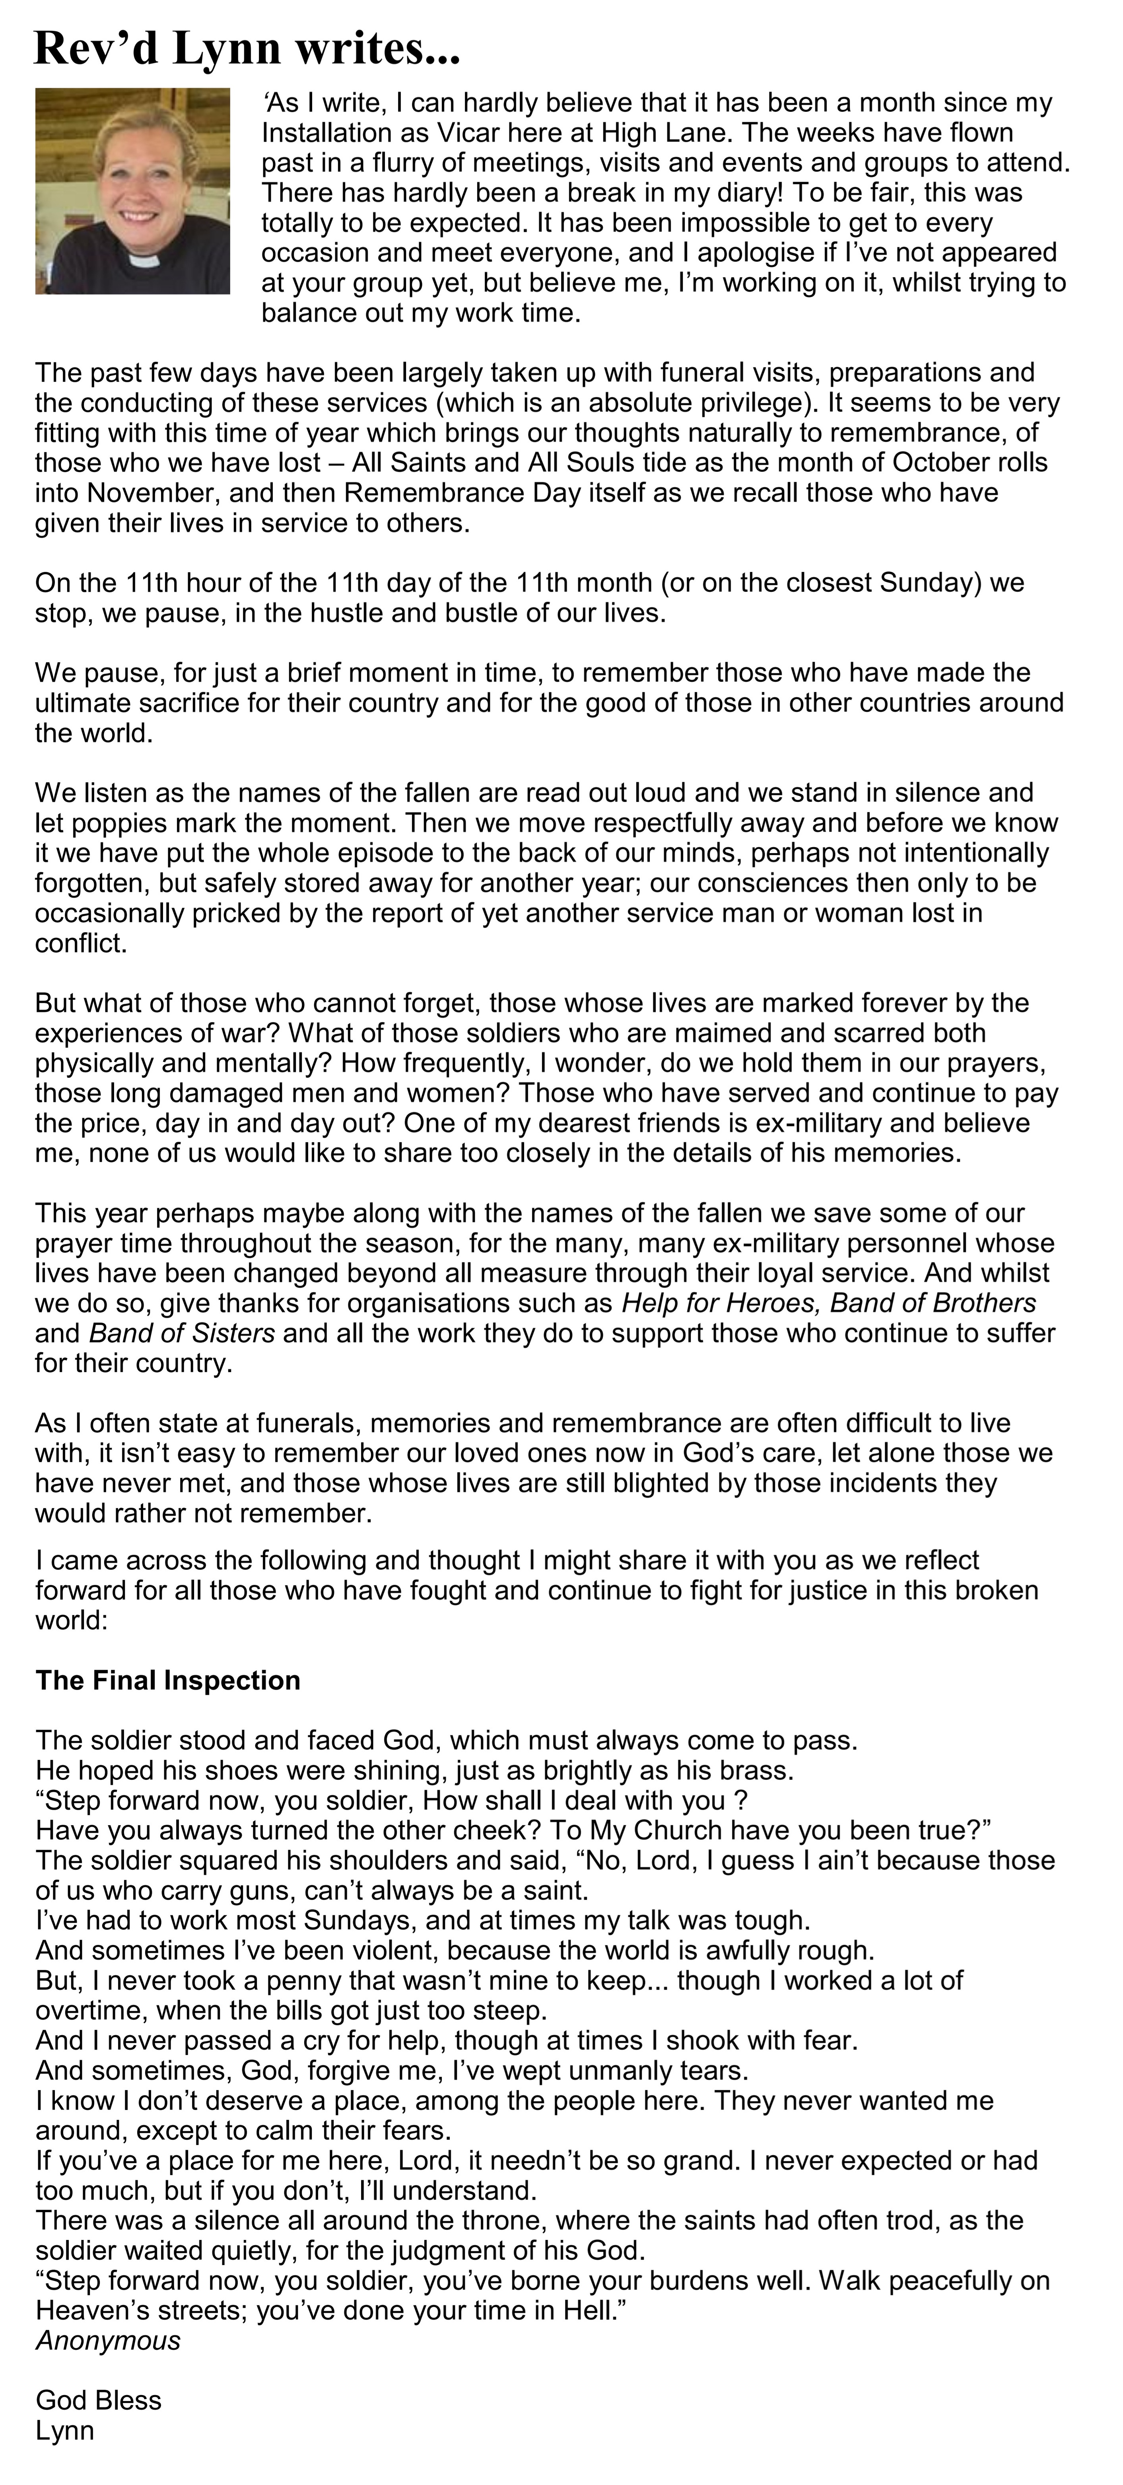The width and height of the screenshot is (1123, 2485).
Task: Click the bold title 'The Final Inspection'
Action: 168,1680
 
